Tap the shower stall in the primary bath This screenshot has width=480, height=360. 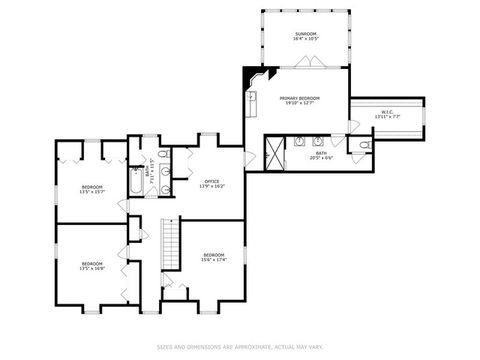point(272,154)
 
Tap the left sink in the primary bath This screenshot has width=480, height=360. point(300,141)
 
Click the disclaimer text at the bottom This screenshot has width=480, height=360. point(239,347)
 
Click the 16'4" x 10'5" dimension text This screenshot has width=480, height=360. point(305,40)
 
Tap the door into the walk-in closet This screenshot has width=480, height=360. point(352,125)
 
